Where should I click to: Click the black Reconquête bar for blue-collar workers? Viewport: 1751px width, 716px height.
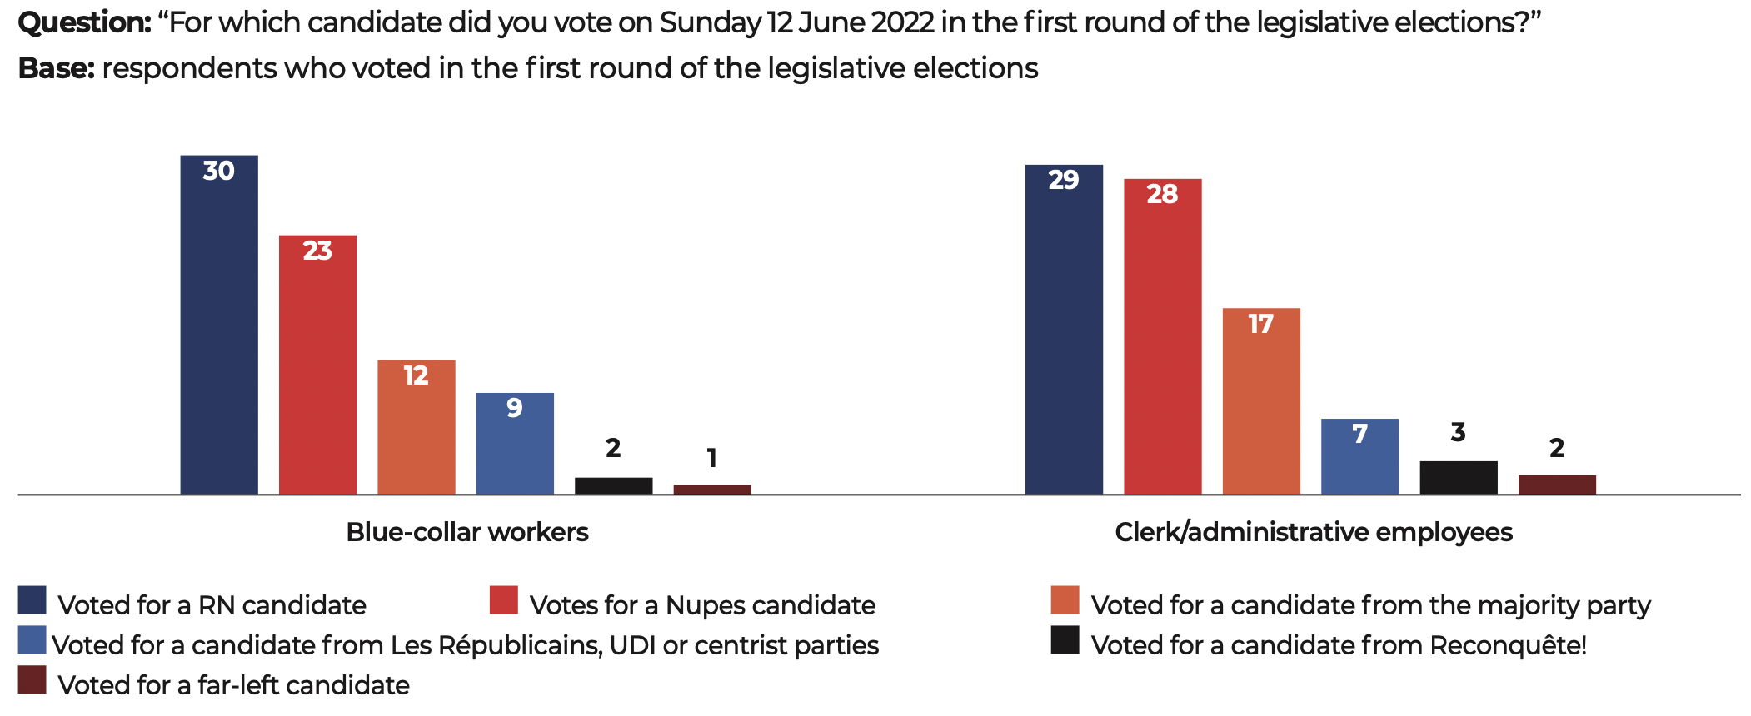tap(613, 486)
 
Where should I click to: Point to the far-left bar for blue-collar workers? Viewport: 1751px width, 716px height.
tap(712, 490)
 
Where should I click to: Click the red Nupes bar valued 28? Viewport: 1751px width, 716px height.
tap(1162, 336)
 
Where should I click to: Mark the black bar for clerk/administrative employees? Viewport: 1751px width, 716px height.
tap(1458, 478)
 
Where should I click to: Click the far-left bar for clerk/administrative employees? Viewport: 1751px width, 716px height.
tap(1557, 485)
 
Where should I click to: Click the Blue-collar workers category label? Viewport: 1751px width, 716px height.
tap(467, 532)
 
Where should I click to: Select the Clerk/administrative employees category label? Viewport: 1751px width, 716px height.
tap(1314, 532)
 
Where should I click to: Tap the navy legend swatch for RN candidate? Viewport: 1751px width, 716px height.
tap(32, 600)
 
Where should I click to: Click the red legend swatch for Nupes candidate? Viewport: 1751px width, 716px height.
tap(504, 600)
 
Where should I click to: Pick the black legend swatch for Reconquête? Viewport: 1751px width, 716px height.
tap(1065, 640)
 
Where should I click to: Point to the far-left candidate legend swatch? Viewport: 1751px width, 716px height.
tap(32, 680)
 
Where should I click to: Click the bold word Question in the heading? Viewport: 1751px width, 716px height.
tap(84, 22)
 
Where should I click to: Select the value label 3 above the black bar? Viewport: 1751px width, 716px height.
tap(1458, 432)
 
